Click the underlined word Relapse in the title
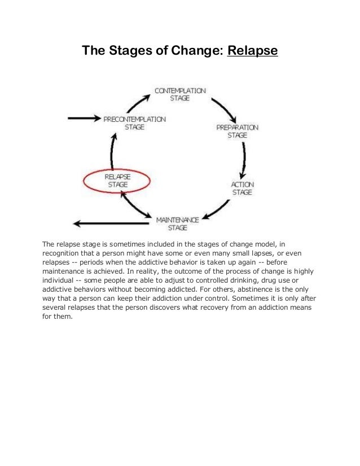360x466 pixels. point(252,51)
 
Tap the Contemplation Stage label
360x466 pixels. point(180,94)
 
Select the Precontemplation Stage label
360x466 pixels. point(134,123)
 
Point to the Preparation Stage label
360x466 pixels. point(237,131)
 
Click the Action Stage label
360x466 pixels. point(242,188)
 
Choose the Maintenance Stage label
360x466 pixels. point(177,223)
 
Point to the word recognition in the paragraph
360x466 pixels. point(62,253)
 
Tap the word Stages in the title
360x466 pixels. point(126,51)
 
